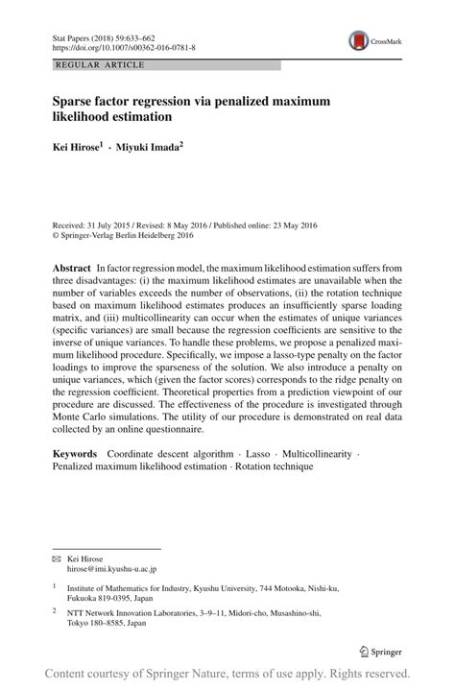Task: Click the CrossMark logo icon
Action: [359, 39]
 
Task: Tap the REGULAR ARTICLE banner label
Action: [87, 65]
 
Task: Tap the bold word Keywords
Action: [77, 451]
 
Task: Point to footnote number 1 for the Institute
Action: [55, 586]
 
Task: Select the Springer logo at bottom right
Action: [379, 651]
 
